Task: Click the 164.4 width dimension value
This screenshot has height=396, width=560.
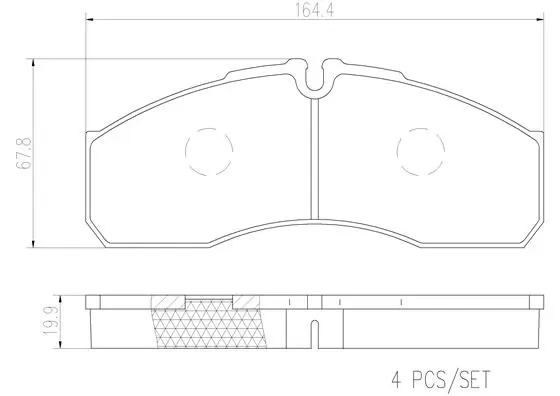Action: pos(314,10)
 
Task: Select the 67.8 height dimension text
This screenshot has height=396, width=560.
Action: pos(24,153)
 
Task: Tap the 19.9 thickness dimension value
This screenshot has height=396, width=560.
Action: pos(50,321)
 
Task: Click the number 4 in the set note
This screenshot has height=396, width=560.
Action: pos(397,380)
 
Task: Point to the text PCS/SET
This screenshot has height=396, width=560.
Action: pos(452,380)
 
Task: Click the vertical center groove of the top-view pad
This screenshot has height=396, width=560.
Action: pos(314,159)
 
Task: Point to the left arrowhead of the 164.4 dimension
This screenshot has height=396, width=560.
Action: pos(90,19)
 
